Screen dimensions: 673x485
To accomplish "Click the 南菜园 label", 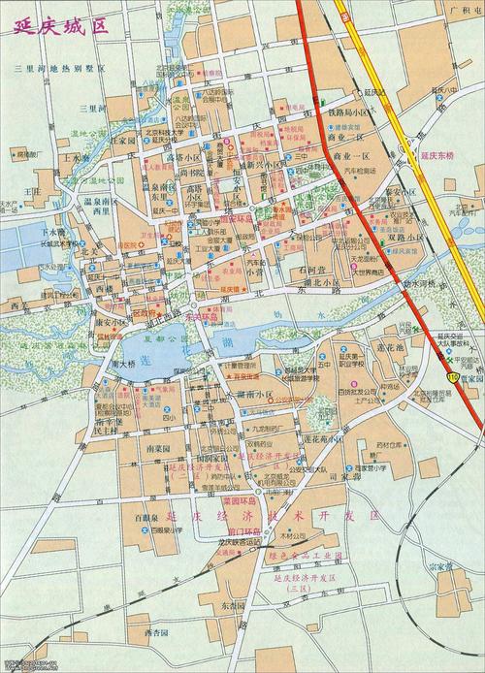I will [158, 451].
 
